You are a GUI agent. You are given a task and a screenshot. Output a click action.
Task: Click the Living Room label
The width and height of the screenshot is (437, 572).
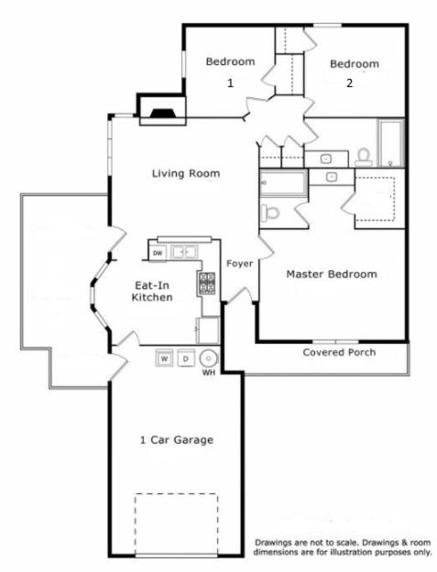tap(186, 173)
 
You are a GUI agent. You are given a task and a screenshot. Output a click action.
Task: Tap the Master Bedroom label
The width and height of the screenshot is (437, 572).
tap(332, 274)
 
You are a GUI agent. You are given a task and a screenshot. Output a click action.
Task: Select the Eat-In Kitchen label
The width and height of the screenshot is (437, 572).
tap(152, 291)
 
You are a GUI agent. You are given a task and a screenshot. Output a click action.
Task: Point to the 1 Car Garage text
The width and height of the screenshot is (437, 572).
tap(177, 440)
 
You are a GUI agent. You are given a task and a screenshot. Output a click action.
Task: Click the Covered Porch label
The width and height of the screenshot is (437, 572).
tap(339, 352)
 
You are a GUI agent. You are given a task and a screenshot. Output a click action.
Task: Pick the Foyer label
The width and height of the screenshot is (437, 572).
tap(239, 263)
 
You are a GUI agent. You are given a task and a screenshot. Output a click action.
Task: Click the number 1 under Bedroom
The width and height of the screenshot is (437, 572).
tap(230, 83)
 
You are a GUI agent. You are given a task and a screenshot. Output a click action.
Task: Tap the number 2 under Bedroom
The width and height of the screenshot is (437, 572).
tap(349, 82)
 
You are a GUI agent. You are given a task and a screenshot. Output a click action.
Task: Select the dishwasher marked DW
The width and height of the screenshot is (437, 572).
tap(158, 253)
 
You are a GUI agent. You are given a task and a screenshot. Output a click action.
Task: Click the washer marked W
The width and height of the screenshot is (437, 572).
tap(164, 358)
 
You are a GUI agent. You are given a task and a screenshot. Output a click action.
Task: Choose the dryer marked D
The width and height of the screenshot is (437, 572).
tap(186, 358)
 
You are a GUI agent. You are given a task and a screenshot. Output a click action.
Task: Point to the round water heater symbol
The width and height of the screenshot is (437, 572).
tap(209, 358)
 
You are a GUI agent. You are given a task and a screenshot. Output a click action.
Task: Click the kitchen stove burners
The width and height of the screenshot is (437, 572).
tap(207, 283)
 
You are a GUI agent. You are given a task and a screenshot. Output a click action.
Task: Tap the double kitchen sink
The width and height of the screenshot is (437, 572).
tap(185, 252)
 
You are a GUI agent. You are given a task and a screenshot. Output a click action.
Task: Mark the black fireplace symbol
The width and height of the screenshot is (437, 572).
tap(163, 113)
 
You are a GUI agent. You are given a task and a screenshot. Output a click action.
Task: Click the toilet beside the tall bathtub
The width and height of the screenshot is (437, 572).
tap(364, 157)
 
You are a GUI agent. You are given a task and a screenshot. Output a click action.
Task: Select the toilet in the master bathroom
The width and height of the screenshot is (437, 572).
tap(270, 213)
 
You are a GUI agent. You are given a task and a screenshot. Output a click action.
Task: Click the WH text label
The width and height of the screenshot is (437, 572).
tap(209, 372)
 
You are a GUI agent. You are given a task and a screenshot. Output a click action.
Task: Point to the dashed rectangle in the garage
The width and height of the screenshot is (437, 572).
tap(177, 524)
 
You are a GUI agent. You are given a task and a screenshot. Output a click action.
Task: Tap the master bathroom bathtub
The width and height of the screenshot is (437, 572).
tap(283, 182)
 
